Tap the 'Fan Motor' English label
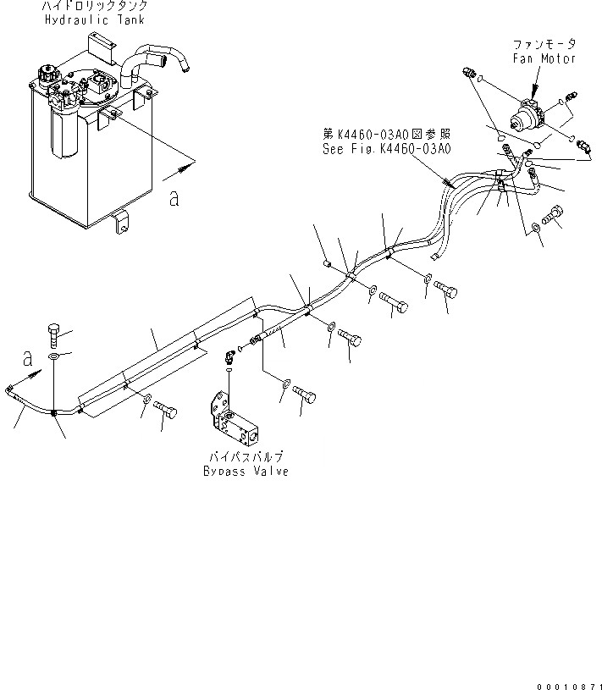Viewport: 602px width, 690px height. pos(545,58)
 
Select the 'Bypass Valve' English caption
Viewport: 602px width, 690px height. pos(246,472)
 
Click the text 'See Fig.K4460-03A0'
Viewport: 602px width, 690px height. pos(386,147)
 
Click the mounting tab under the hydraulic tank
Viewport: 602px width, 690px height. pos(121,224)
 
